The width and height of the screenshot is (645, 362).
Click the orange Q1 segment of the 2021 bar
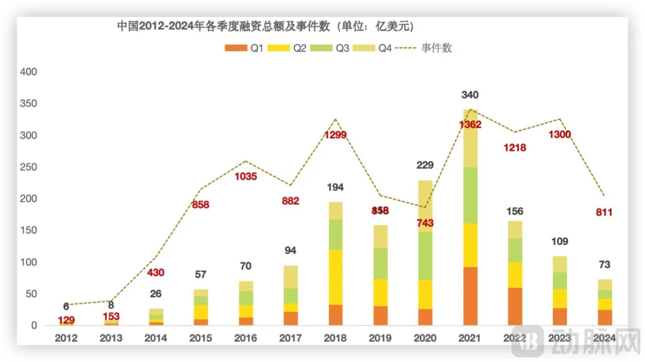[x=470, y=296]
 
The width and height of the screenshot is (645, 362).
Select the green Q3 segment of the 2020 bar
[x=425, y=256]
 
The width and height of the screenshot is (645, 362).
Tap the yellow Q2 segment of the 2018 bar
[x=336, y=277]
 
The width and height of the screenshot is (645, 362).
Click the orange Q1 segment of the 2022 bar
[x=515, y=306]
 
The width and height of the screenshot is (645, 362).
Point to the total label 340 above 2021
[x=470, y=95]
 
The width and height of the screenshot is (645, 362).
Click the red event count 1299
[x=335, y=134]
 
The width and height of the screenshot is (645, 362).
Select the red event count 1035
[x=245, y=176]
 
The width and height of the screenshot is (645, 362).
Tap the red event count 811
[x=604, y=212]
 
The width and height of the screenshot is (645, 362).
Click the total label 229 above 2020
[x=425, y=165]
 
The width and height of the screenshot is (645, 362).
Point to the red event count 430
[x=156, y=272]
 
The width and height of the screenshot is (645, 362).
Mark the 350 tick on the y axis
[x=29, y=103]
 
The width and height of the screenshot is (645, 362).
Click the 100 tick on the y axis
[x=29, y=262]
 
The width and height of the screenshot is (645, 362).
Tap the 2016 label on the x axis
[x=245, y=338]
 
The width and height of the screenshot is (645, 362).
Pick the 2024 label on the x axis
[x=604, y=338]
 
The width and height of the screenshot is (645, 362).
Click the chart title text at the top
[x=266, y=27]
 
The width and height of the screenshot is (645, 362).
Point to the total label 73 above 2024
[x=604, y=265]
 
